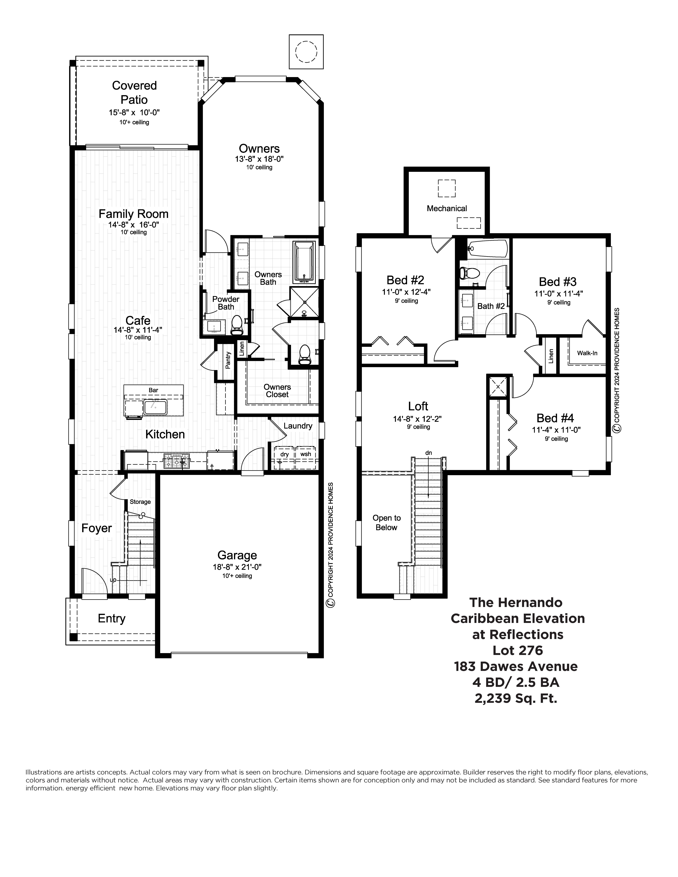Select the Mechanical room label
[x=447, y=208]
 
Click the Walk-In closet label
[x=587, y=353]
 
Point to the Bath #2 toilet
[x=469, y=273]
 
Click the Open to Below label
[x=386, y=522]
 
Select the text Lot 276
[x=517, y=650]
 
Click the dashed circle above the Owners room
[x=306, y=52]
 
